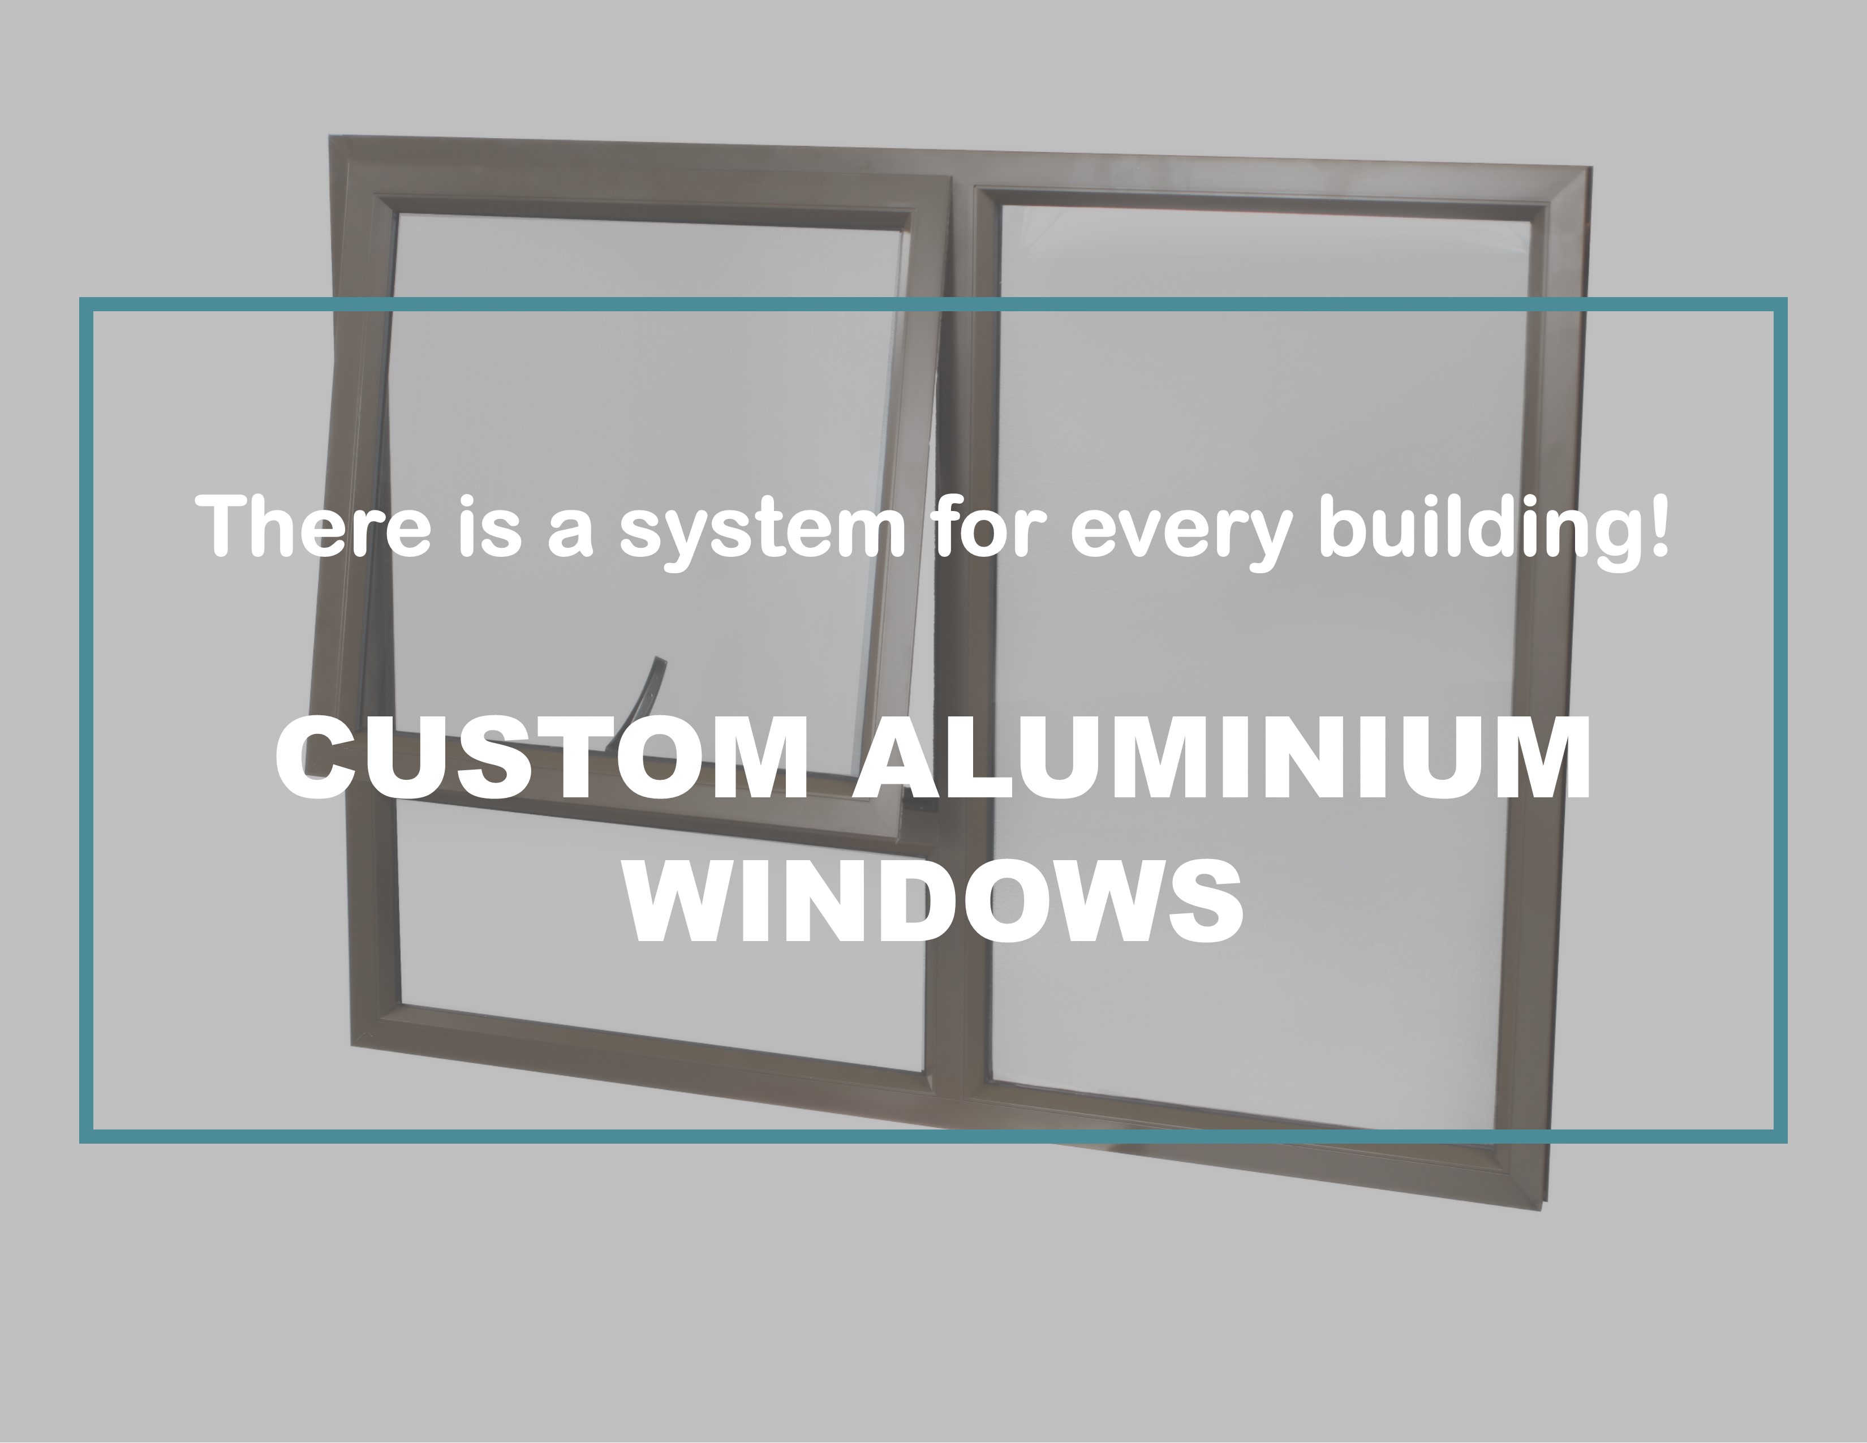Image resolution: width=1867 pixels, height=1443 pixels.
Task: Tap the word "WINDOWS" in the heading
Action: [935, 899]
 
